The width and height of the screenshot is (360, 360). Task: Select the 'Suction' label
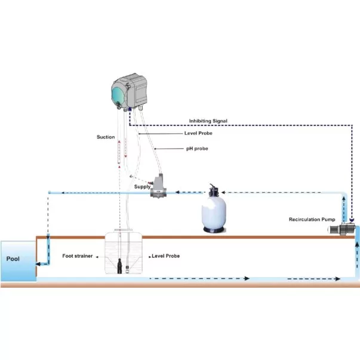[106, 137]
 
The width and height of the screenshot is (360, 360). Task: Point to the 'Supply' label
[143, 186]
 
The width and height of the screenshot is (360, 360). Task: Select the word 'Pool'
[14, 259]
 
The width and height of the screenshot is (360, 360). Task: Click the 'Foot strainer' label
[78, 256]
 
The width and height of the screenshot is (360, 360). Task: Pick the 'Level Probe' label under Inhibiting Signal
[198, 133]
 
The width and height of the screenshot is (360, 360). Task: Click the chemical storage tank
[125, 254]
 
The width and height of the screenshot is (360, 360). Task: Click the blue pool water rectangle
[17, 261]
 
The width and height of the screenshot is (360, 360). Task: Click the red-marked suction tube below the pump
[119, 152]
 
